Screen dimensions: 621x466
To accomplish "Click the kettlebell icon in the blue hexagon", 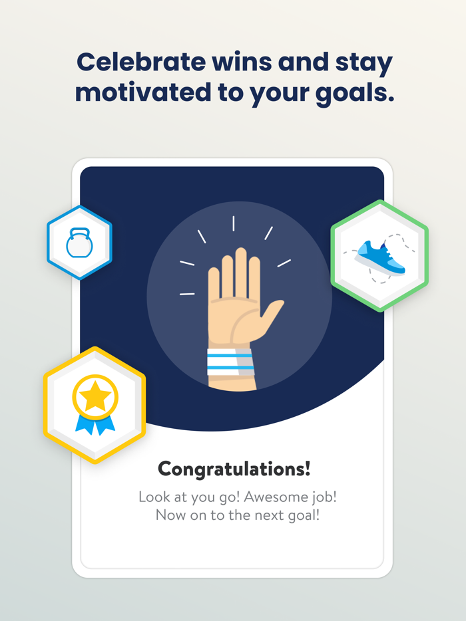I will click(x=79, y=243).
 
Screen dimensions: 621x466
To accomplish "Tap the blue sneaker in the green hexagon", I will click(x=380, y=257).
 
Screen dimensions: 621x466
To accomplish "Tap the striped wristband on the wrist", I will click(x=230, y=362).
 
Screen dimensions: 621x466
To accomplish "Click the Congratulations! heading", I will click(x=234, y=469).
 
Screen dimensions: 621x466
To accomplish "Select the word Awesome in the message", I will click(x=263, y=497).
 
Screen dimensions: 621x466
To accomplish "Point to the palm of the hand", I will click(x=233, y=319).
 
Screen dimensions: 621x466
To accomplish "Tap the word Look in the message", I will click(x=154, y=497).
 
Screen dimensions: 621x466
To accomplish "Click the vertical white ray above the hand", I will click(x=234, y=223).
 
